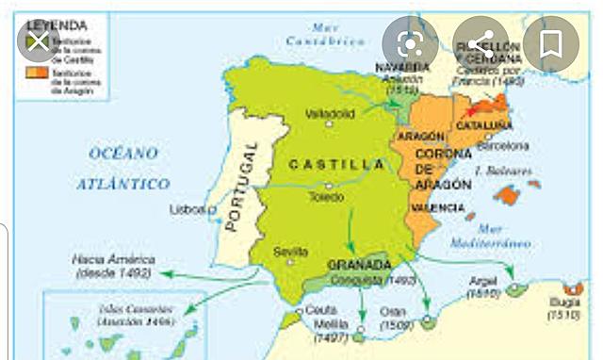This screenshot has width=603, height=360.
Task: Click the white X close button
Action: click(x=37, y=42)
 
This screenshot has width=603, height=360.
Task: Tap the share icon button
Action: click(x=481, y=43)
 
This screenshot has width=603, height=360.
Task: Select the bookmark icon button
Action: click(x=551, y=43)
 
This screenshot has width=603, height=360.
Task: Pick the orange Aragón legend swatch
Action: click(x=32, y=72)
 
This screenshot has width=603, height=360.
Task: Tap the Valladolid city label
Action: click(x=329, y=113)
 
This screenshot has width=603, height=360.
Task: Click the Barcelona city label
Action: click(x=504, y=147)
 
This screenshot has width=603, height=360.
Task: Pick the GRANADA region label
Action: click(x=358, y=265)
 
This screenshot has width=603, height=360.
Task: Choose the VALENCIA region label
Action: click(x=437, y=206)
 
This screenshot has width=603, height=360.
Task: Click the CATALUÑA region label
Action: click(x=484, y=125)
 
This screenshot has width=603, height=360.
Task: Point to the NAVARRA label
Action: click(x=402, y=68)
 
